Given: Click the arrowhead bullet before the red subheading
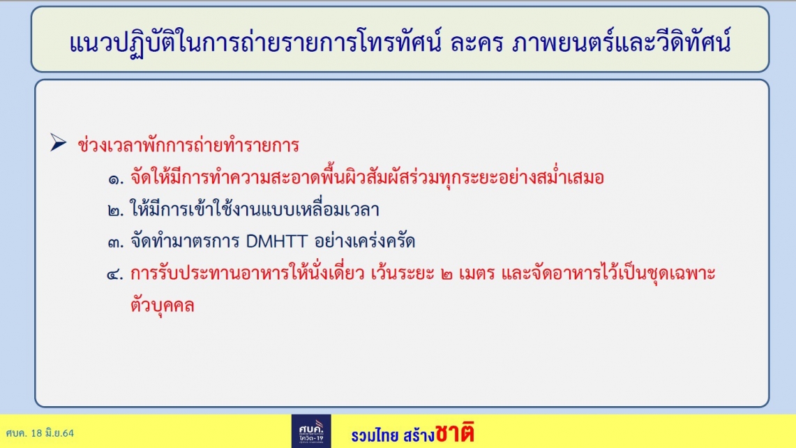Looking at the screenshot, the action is tap(59, 142).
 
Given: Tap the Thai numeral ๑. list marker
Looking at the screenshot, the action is tap(116, 179).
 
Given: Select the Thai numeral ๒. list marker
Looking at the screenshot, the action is tap(116, 211).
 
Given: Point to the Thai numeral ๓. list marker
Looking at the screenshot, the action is tap(116, 242).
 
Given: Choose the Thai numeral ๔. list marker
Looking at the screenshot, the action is tap(115, 275).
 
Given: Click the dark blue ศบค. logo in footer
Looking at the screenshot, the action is tap(311, 431).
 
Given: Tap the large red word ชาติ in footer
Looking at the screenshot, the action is tap(455, 432).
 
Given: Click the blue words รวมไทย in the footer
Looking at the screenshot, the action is tap(375, 435).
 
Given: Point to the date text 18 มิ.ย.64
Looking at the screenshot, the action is tap(52, 433).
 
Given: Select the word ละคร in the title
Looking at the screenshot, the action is tap(476, 43).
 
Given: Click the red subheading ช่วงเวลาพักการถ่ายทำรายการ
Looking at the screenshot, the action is tap(188, 145).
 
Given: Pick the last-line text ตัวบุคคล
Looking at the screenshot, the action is tap(163, 305).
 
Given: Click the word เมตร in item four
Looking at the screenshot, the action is tap(476, 274).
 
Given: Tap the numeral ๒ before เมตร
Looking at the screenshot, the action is tap(446, 275).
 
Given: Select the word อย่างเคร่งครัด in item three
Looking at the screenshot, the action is tap(364, 241).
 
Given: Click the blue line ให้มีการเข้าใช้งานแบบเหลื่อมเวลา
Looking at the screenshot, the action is tap(255, 209).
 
